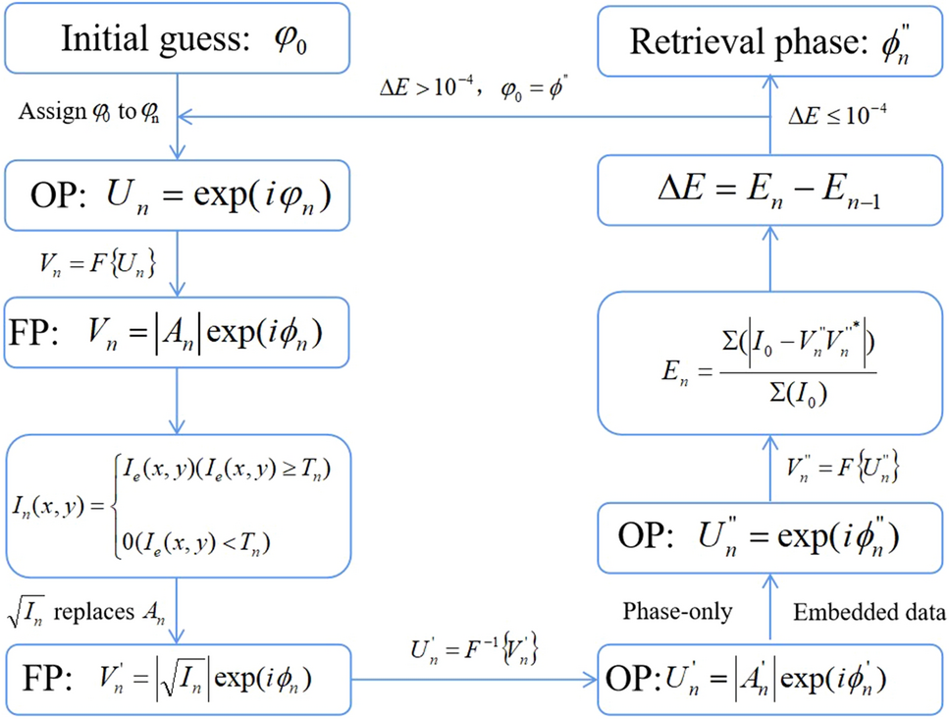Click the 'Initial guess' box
(175, 39)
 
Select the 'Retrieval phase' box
(771, 39)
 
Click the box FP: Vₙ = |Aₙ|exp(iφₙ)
(176, 334)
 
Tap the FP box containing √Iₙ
(176, 679)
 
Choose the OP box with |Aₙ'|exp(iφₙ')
(771, 679)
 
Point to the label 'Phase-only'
(677, 611)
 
